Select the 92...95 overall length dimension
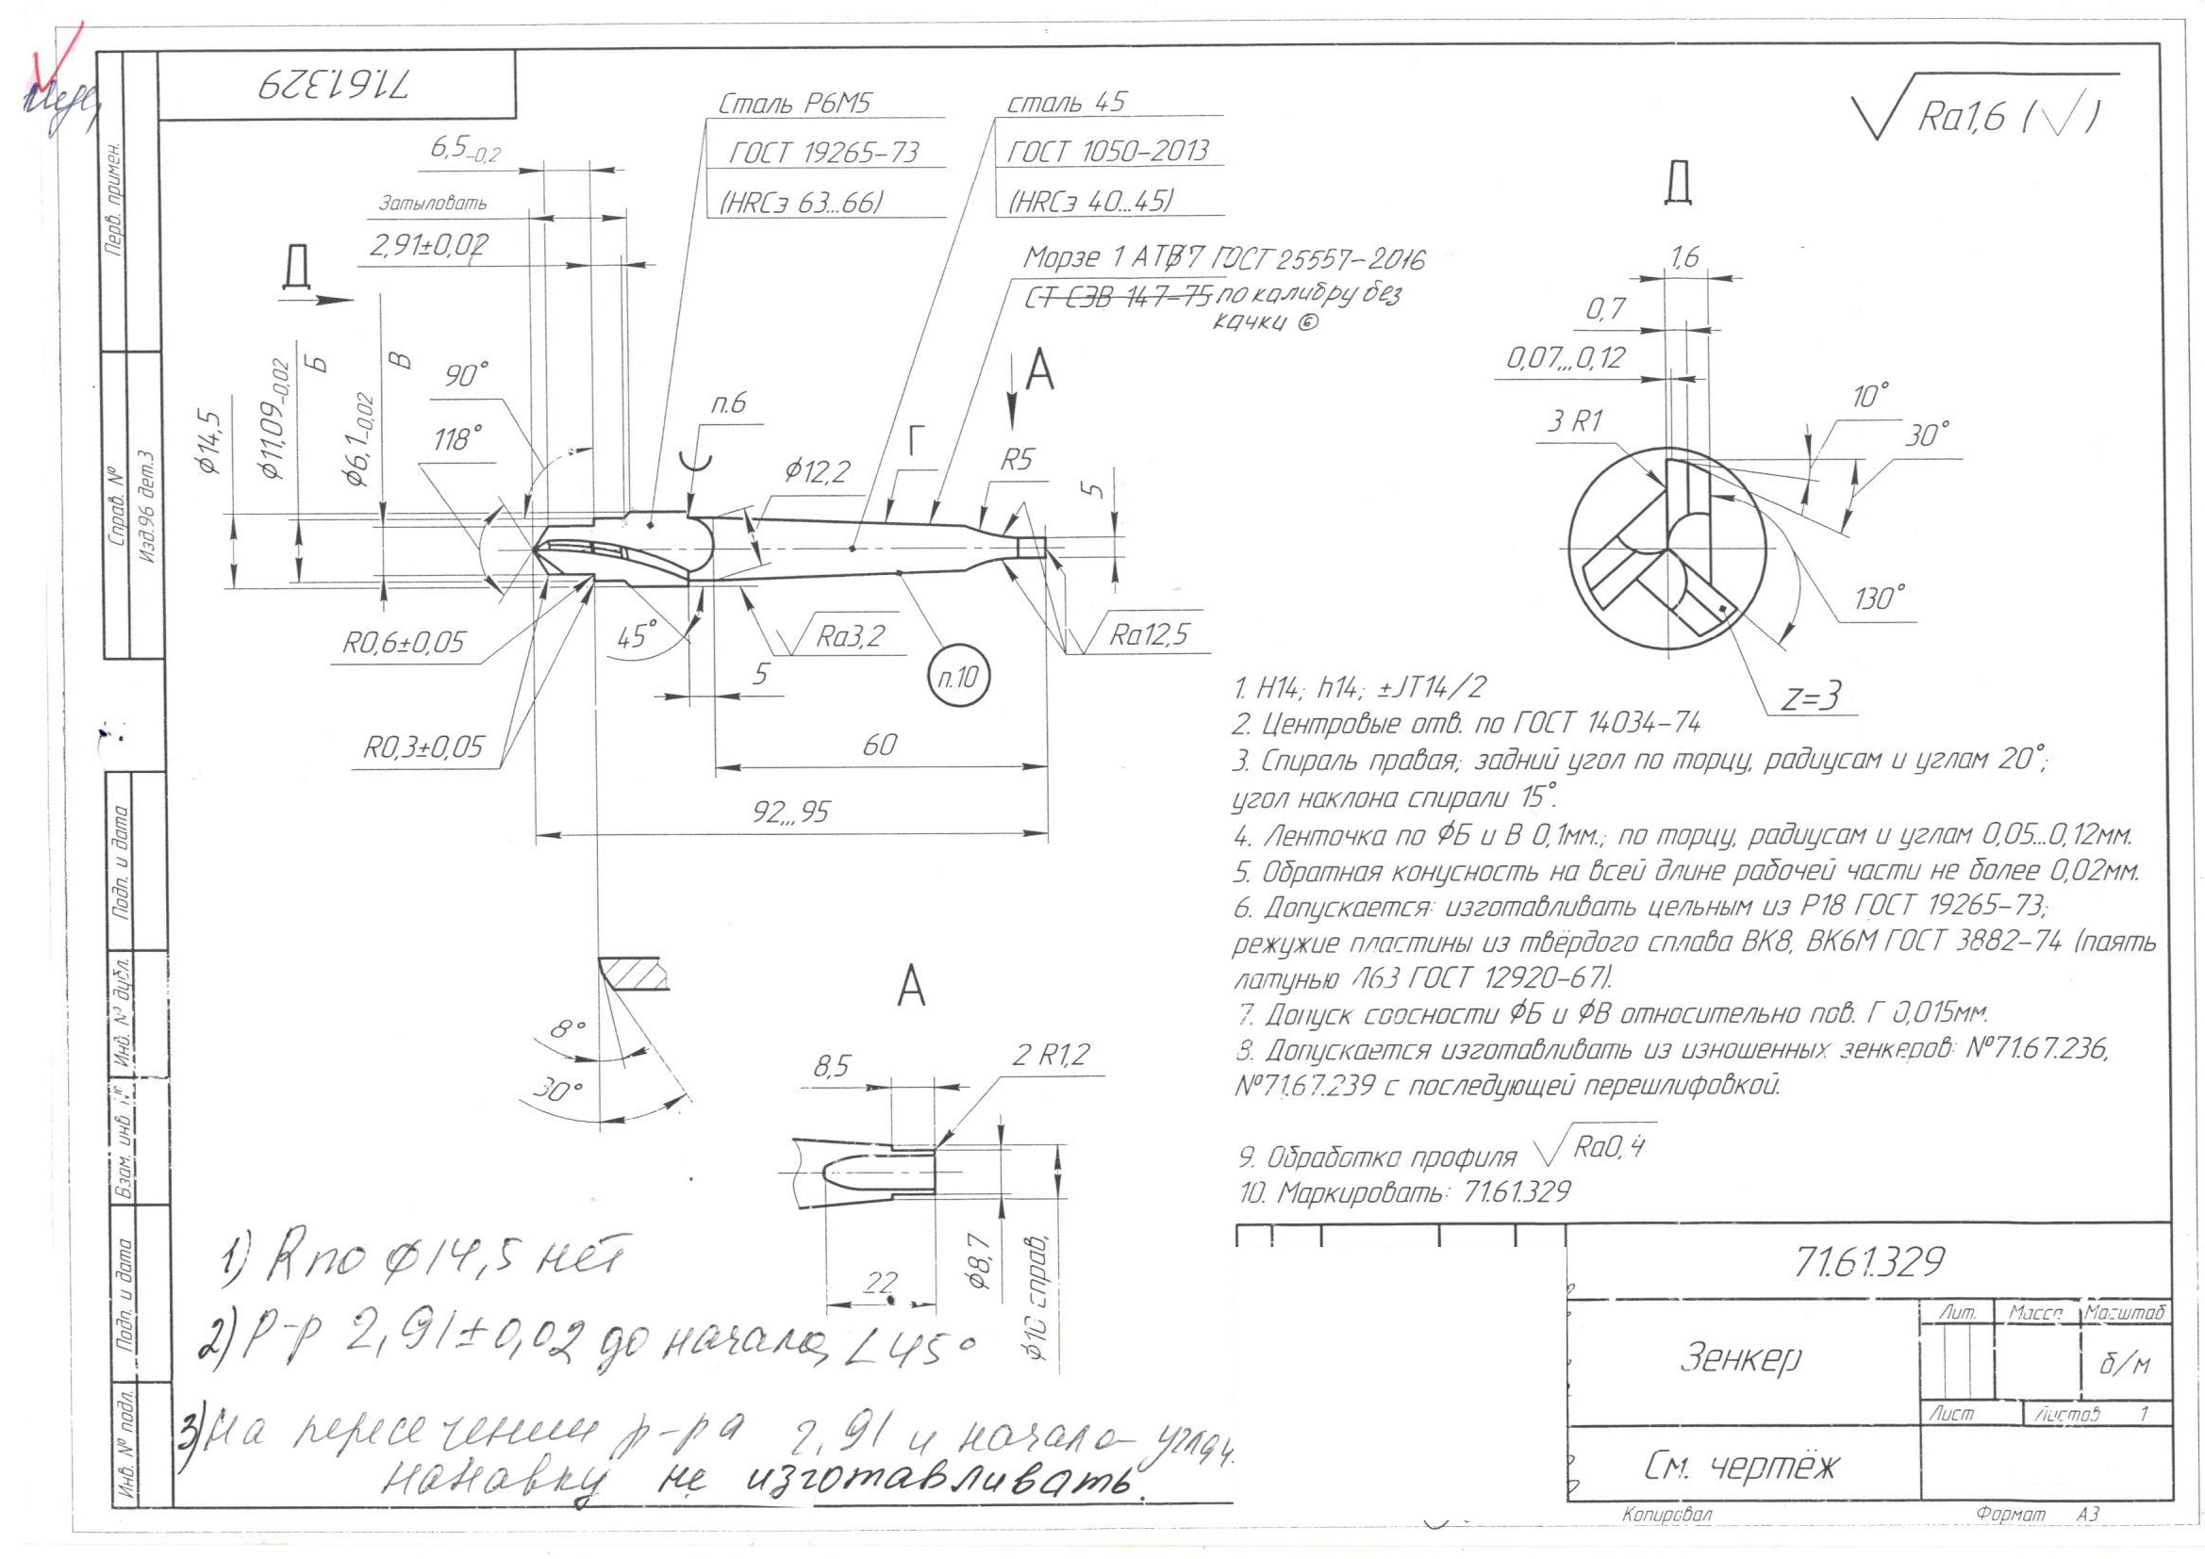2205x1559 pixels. [789, 813]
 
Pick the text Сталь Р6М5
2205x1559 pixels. [794, 105]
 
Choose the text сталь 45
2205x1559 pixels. [1065, 103]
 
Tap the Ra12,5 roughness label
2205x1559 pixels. [1149, 634]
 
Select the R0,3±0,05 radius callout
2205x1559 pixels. [423, 747]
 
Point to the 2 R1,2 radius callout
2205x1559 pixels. [1052, 1056]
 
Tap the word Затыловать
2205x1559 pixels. [432, 204]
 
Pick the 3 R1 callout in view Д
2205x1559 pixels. [1572, 422]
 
